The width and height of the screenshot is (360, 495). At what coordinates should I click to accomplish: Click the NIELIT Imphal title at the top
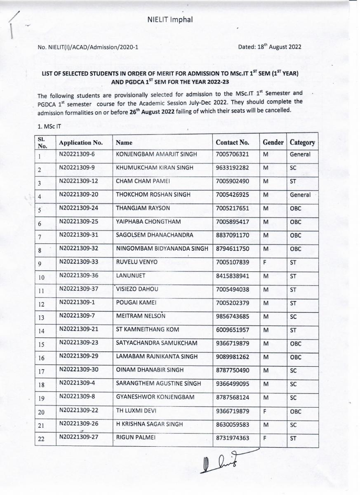170,19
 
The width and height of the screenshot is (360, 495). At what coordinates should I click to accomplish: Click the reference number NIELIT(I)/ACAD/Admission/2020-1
88,47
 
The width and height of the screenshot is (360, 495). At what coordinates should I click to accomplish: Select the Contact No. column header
232,142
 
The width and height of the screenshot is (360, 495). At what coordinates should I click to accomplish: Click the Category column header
302,142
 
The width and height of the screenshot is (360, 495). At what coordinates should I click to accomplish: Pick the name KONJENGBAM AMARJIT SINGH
156,154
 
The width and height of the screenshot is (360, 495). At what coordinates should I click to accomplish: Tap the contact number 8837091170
232,236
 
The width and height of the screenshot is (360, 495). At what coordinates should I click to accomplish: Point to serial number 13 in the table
41,318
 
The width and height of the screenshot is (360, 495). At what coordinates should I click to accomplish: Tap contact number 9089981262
232,357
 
